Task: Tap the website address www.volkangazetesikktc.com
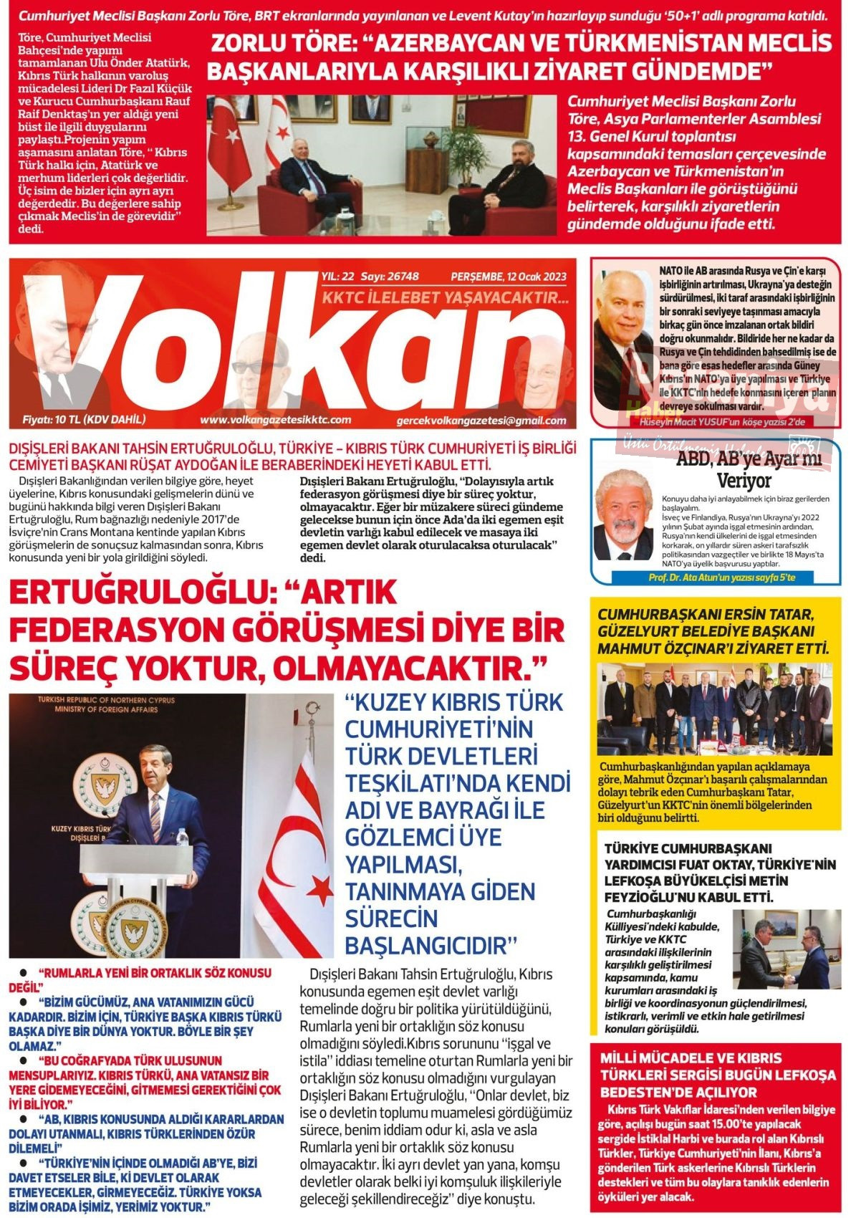click(276, 420)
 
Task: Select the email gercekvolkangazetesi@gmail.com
click(481, 421)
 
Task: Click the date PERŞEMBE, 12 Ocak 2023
click(509, 277)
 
